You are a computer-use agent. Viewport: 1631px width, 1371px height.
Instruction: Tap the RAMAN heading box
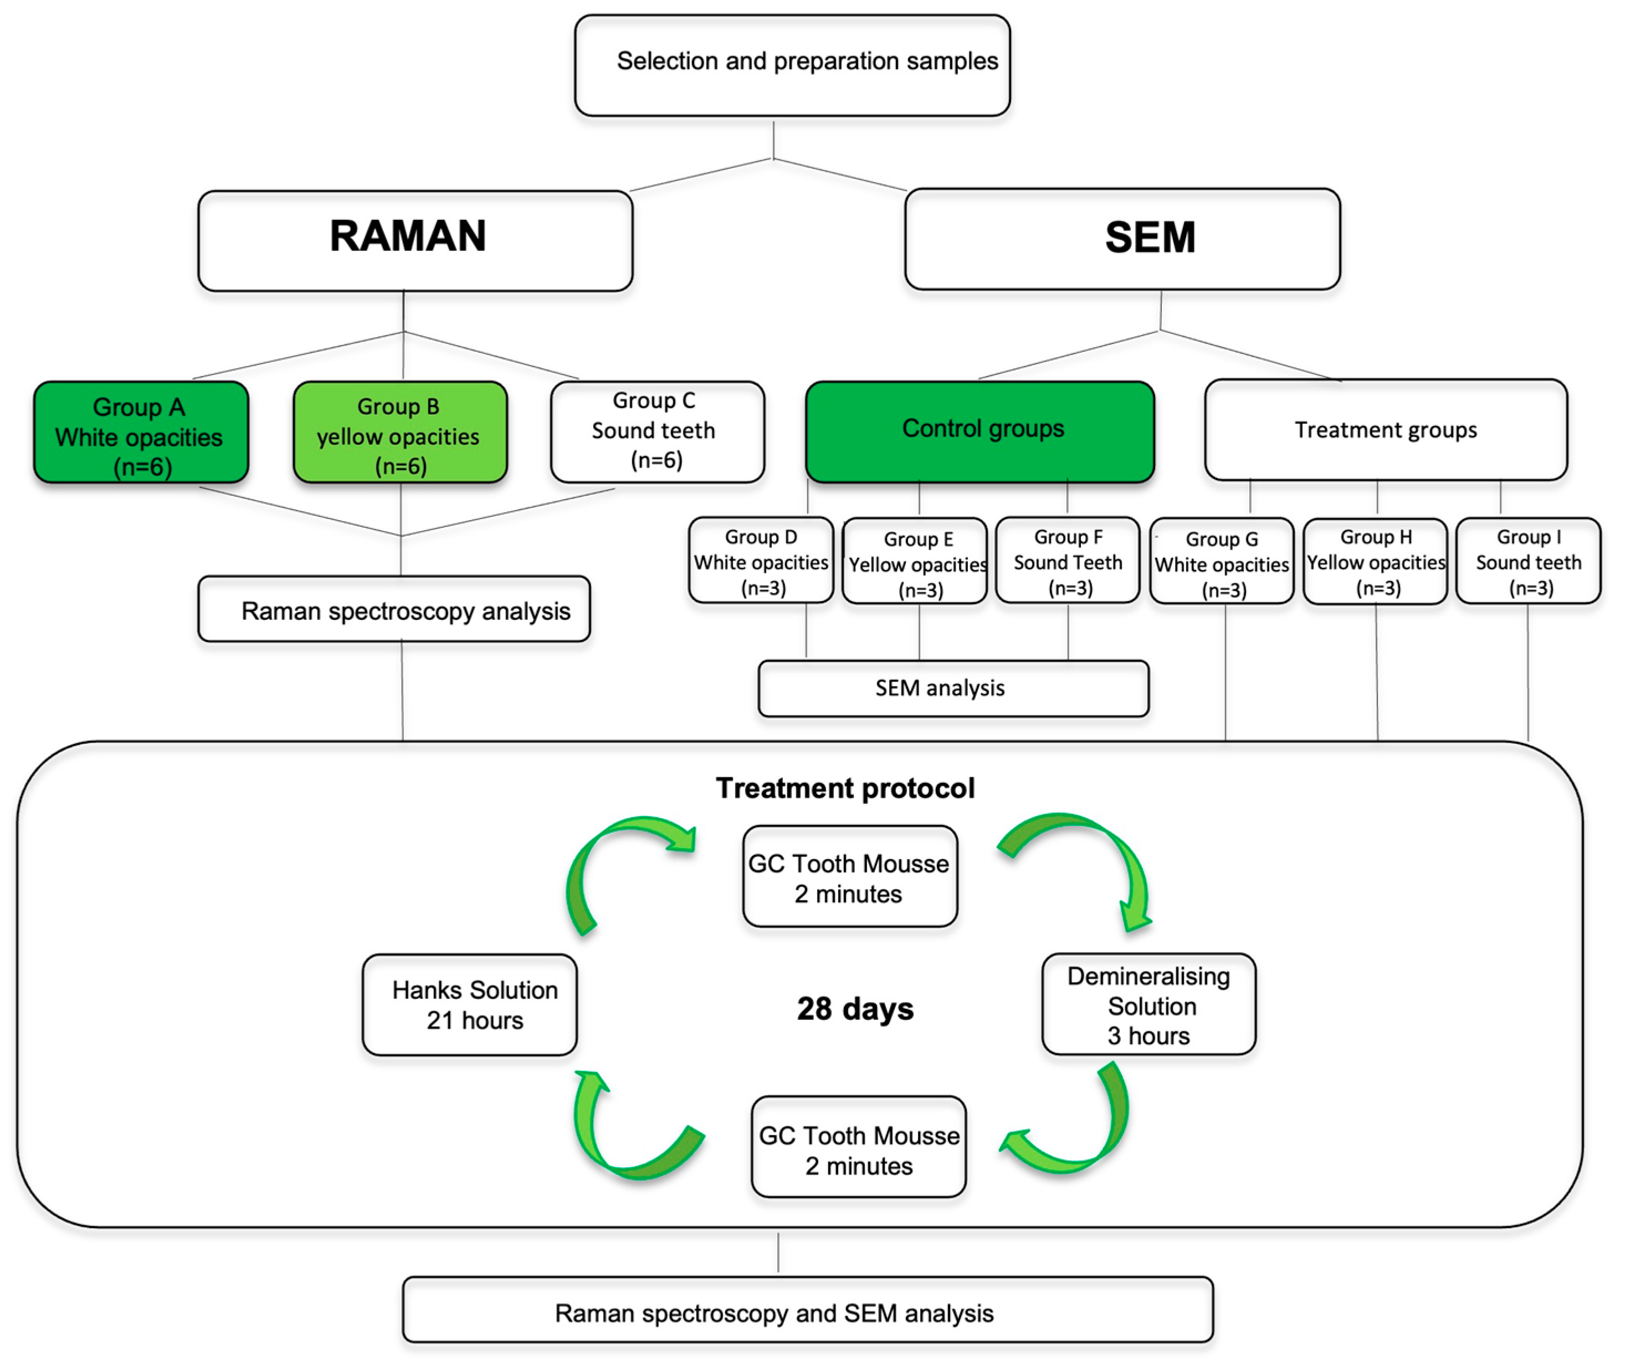tap(415, 241)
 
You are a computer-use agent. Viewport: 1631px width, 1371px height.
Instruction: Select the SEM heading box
tap(1122, 239)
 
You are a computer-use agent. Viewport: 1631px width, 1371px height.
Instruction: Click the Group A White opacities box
tap(141, 433)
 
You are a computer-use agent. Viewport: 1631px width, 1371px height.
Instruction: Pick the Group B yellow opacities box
tap(399, 433)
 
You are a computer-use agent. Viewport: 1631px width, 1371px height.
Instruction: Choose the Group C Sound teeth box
tap(657, 432)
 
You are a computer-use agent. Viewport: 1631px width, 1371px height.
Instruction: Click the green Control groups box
tap(979, 432)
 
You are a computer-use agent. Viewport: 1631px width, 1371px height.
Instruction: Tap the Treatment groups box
tap(1386, 430)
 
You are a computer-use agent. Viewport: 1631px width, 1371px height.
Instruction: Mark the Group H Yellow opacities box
tap(1374, 562)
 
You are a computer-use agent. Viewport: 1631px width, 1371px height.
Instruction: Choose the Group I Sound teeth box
tap(1527, 561)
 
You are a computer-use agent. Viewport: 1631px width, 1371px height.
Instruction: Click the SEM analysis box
tap(952, 689)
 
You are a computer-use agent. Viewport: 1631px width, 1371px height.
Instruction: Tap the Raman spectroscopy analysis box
tap(394, 609)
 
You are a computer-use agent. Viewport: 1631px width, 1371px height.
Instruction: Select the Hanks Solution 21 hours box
tap(470, 1005)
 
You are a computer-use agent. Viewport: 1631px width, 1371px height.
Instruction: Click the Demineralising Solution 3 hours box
tap(1148, 1004)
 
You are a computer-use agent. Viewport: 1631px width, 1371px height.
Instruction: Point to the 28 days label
tap(854, 1009)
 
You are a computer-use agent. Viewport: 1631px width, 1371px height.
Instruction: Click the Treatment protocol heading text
tap(844, 788)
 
